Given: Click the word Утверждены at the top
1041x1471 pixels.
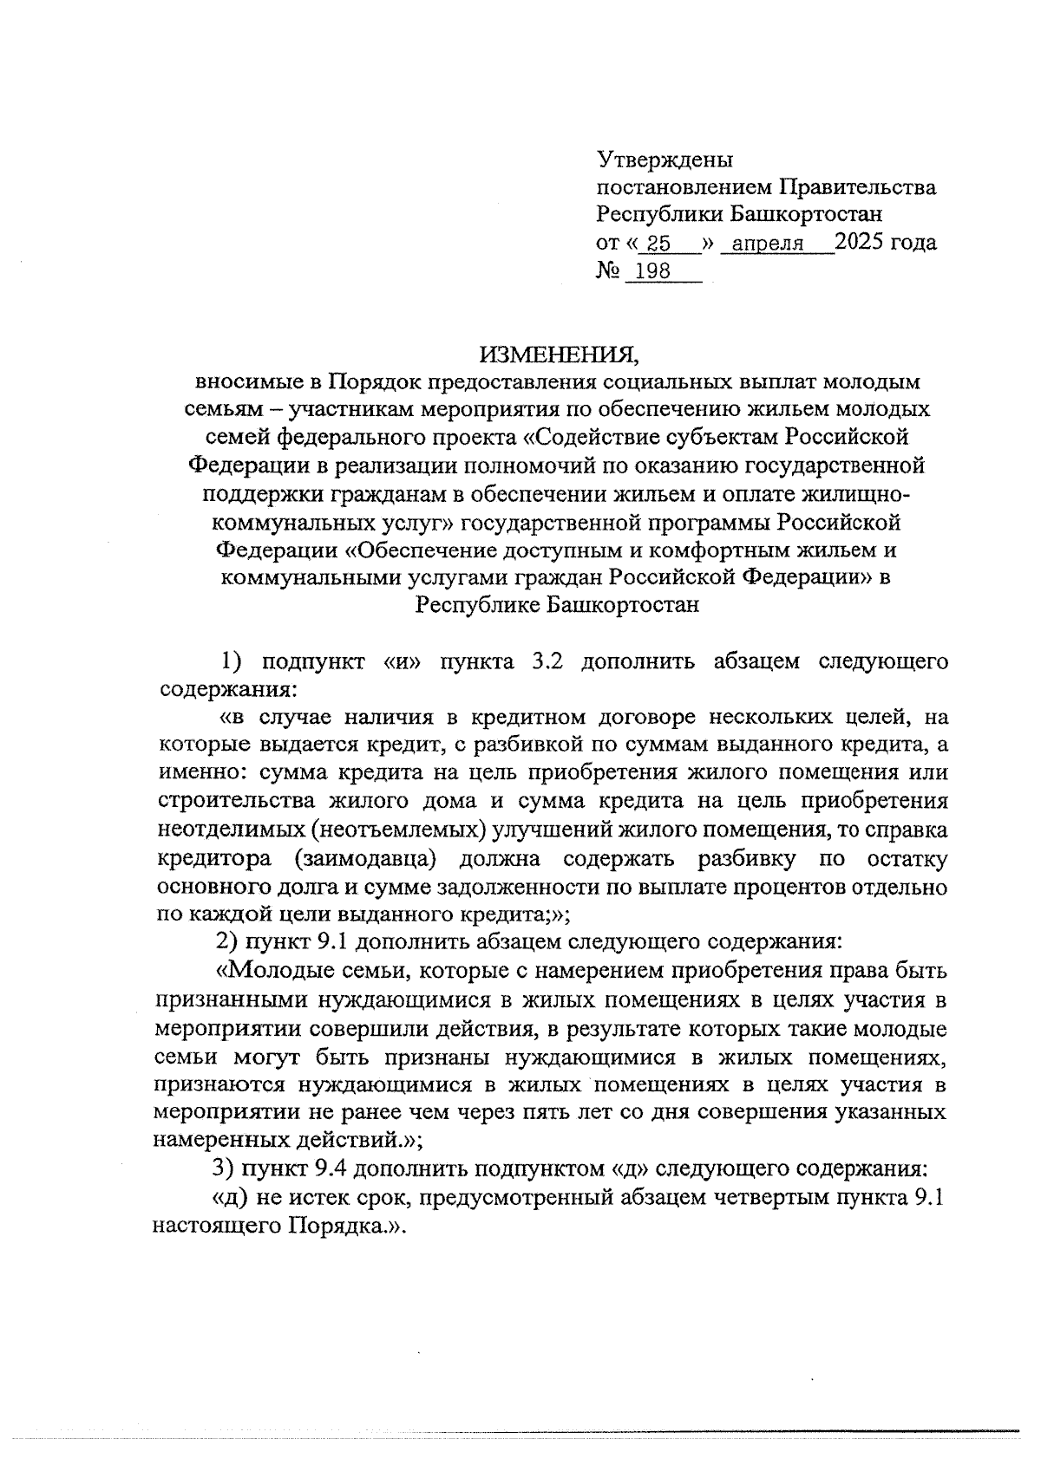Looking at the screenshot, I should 665,159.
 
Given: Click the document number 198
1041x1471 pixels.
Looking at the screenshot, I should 653,271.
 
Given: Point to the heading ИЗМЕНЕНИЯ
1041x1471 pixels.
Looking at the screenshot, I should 560,354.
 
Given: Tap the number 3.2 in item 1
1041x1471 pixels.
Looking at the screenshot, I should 547,662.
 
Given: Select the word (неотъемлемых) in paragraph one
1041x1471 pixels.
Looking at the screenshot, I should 399,830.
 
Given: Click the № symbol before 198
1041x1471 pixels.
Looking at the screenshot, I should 605,271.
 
